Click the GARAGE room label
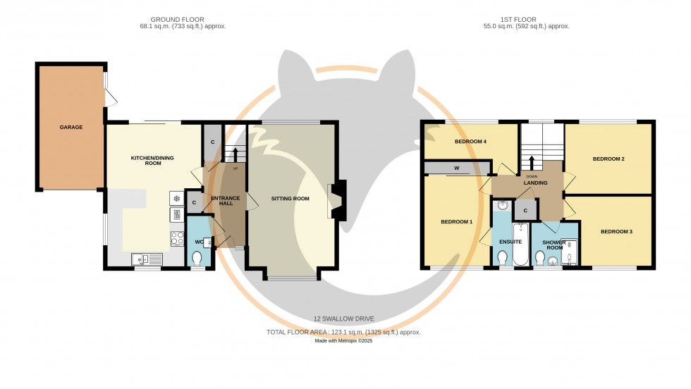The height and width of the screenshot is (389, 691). tap(71, 128)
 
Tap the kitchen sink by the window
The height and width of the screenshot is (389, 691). tap(147, 259)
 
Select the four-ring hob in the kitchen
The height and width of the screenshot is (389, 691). tap(176, 239)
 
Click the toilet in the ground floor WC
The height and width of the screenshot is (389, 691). tap(197, 259)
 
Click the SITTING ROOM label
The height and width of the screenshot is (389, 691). tap(291, 199)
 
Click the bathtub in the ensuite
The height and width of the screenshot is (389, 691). tap(522, 245)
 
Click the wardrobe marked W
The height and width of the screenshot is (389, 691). tap(457, 168)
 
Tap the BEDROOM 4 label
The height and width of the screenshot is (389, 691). tap(470, 142)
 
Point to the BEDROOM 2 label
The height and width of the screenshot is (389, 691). tap(608, 159)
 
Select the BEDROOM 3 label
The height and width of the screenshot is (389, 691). tap(616, 231)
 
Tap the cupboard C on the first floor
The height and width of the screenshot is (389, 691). tap(525, 210)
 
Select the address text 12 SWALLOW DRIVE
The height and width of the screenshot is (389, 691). tap(343, 319)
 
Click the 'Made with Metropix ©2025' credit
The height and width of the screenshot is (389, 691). tap(343, 342)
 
